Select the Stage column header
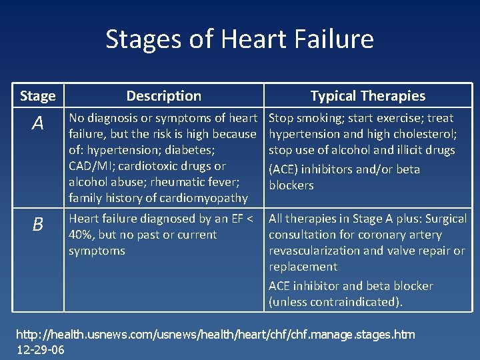click(x=38, y=96)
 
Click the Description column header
click(x=163, y=96)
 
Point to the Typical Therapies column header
click(x=367, y=96)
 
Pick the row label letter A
click(x=37, y=123)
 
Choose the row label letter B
click(x=37, y=224)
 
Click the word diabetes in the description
click(x=191, y=150)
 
